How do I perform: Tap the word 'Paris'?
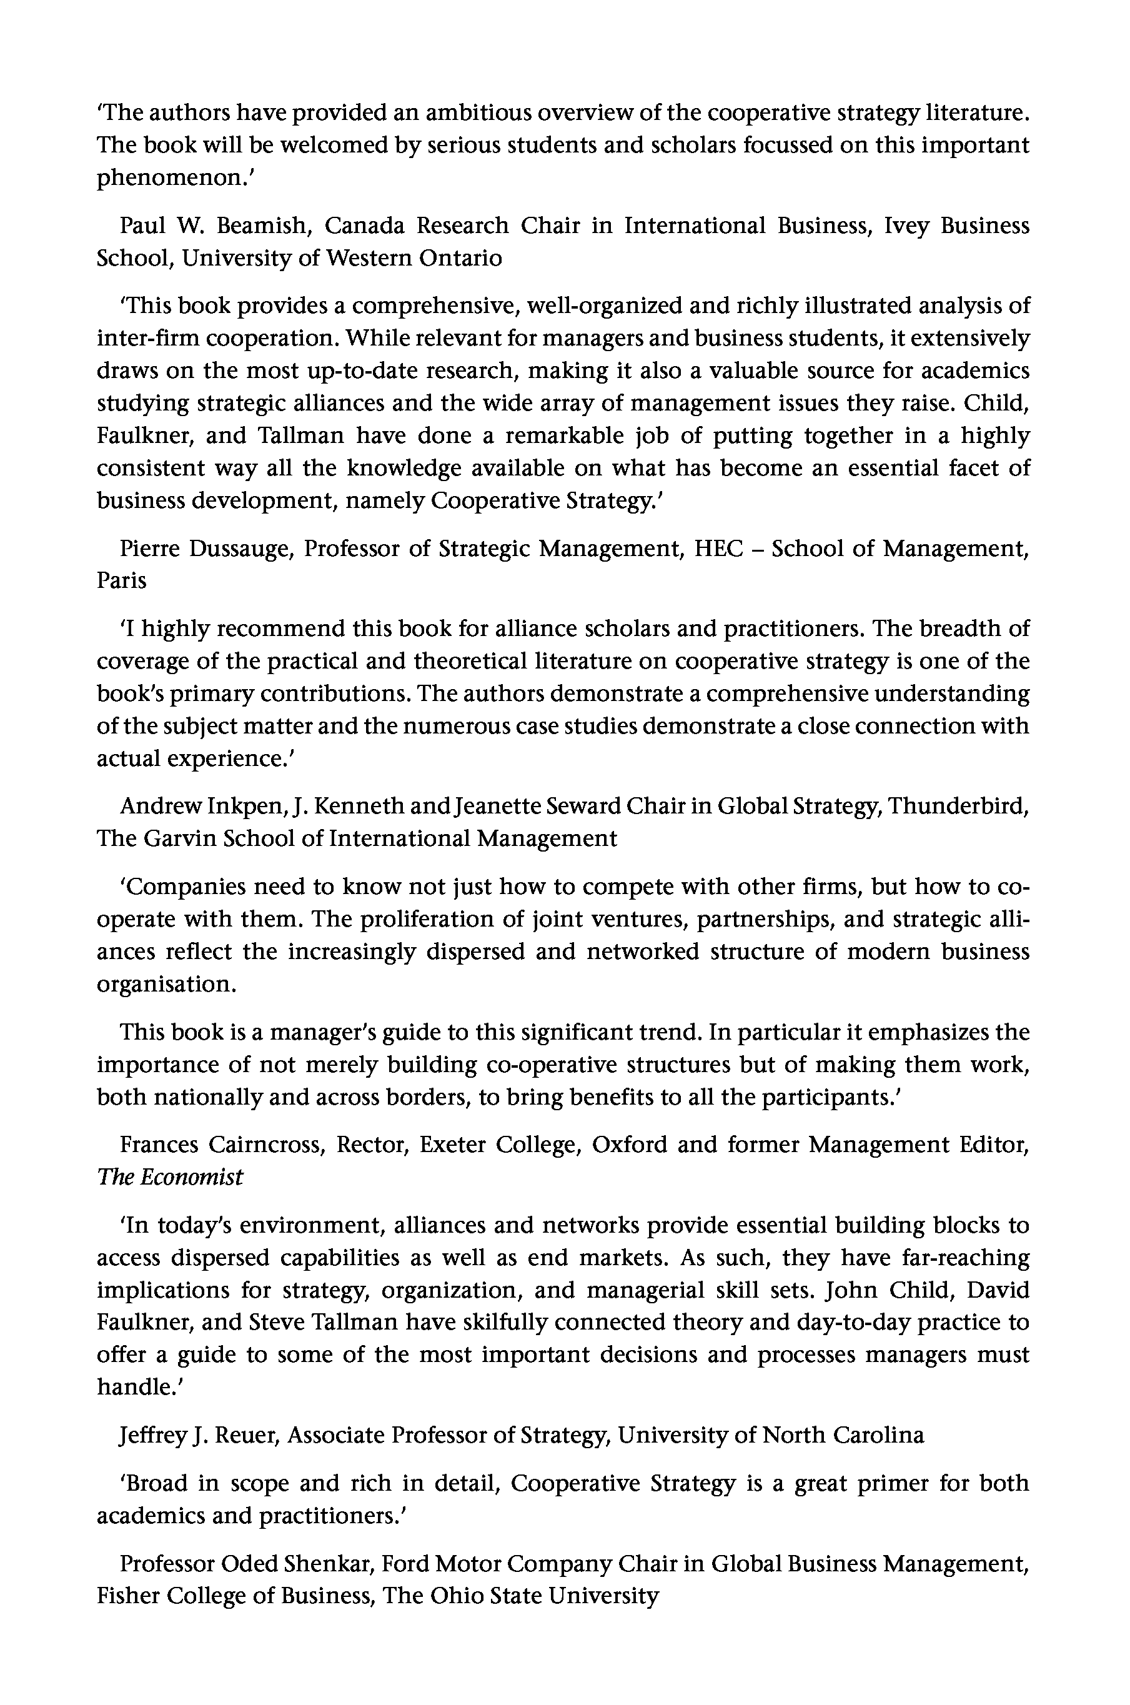click(x=122, y=581)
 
